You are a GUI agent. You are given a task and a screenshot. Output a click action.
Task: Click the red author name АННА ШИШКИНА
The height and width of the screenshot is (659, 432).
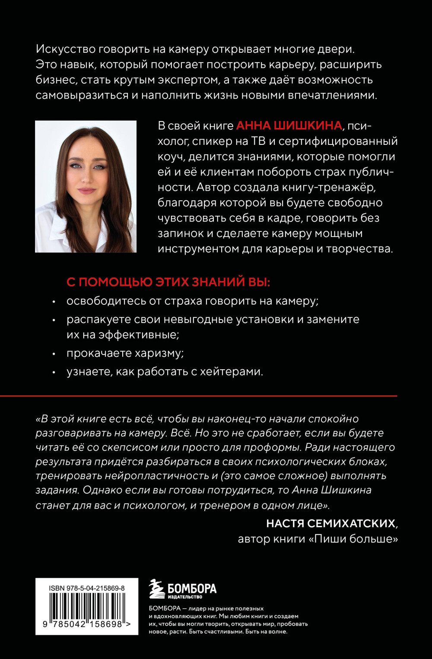tap(289, 126)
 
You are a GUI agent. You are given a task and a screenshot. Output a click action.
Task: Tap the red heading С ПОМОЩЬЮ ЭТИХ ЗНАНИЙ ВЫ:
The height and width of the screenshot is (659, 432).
tap(168, 282)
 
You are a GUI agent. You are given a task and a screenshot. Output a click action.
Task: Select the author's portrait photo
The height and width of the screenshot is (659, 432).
tap(86, 186)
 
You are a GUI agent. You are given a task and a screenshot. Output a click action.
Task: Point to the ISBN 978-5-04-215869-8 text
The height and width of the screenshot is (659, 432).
tap(87, 588)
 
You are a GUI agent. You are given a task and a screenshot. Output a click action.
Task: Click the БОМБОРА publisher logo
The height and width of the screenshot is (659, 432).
tap(183, 589)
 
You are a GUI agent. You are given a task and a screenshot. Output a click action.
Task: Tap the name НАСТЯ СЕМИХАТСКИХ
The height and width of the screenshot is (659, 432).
tap(330, 524)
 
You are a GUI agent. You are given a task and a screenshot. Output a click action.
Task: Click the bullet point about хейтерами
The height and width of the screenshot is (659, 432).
tap(165, 371)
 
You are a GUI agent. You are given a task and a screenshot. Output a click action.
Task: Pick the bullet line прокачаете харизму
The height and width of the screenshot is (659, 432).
tap(125, 353)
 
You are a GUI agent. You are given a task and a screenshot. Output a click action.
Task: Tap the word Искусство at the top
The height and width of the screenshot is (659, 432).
tap(65, 49)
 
